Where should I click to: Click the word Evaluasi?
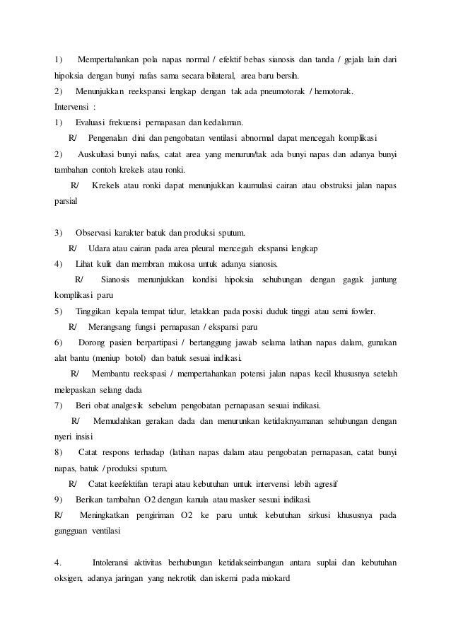pyautogui.click(x=95, y=122)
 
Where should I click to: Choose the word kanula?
pyautogui.click(x=201, y=500)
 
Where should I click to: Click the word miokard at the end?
pyautogui.click(x=283, y=580)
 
